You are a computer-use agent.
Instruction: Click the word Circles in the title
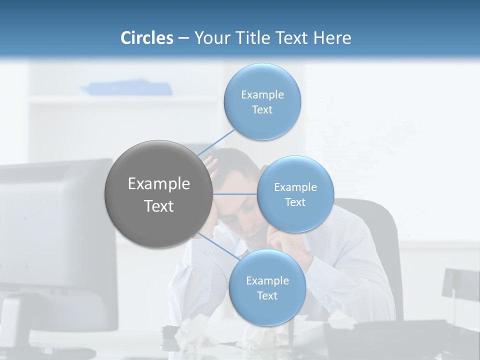click(146, 38)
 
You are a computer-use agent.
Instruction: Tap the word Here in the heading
click(332, 38)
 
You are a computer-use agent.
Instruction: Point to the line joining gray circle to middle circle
click(235, 194)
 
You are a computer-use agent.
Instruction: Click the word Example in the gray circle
click(158, 184)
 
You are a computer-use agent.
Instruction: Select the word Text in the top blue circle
click(262, 110)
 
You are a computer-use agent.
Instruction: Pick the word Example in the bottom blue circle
click(267, 281)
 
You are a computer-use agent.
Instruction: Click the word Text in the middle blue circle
click(295, 202)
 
